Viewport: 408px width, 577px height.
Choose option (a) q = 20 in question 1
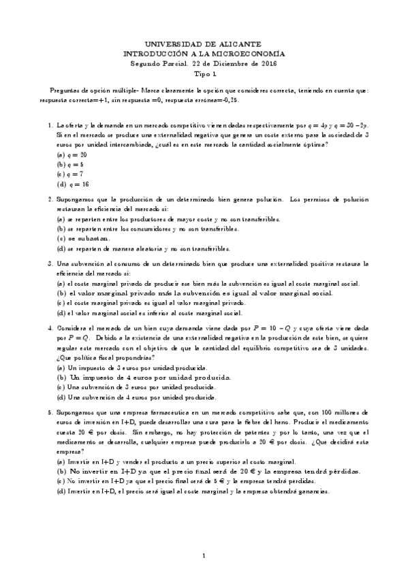[x=68, y=154]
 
